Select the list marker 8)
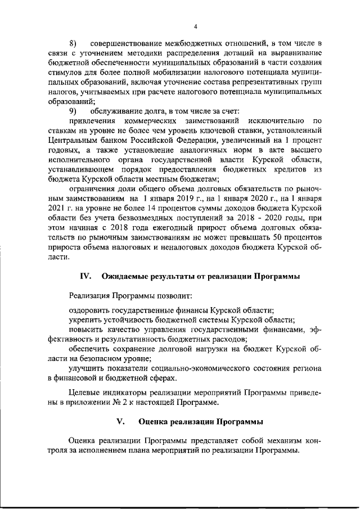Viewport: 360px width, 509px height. pos(73,43)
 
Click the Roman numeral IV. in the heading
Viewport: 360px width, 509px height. pos(86,276)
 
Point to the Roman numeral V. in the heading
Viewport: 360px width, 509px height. pos(120,421)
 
